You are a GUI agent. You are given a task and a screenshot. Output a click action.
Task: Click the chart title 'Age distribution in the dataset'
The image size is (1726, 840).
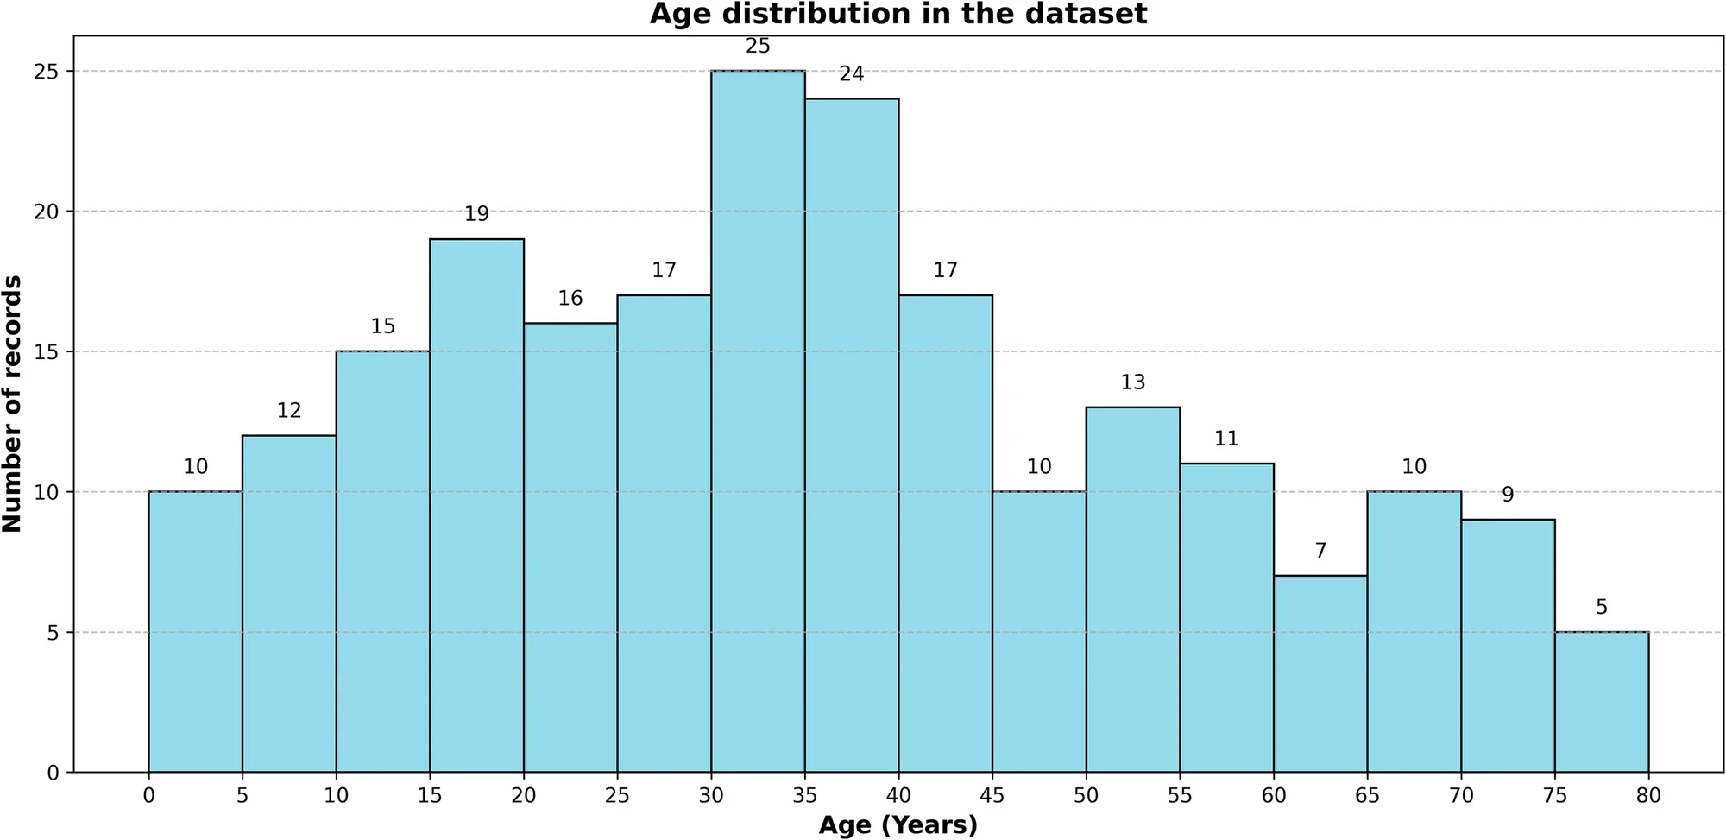(898, 15)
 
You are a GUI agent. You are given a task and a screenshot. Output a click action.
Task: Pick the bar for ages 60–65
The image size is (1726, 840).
(1320, 673)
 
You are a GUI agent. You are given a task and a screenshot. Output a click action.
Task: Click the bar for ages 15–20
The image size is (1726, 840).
(476, 505)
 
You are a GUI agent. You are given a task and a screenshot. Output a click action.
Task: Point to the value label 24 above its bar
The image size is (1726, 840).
(851, 74)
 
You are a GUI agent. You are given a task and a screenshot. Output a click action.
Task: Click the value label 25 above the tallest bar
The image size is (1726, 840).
(758, 46)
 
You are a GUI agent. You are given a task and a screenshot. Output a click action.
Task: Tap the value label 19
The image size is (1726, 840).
(476, 214)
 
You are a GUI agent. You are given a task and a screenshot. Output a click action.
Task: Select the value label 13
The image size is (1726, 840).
(1132, 382)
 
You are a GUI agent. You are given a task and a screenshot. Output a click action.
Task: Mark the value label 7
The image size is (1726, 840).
(1320, 551)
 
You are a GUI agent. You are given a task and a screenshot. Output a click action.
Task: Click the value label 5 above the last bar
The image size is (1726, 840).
(1601, 607)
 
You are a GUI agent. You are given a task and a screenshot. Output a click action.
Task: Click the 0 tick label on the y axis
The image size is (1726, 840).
(54, 773)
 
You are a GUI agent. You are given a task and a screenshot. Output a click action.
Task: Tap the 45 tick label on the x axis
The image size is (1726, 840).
(992, 795)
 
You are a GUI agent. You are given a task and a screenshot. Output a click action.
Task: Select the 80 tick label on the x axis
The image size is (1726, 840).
(1647, 795)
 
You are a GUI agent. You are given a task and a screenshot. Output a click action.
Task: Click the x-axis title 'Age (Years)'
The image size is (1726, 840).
(898, 825)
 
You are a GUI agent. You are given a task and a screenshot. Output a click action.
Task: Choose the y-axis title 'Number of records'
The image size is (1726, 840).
(13, 403)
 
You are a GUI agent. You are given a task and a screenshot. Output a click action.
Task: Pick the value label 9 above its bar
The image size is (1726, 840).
(1508, 495)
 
